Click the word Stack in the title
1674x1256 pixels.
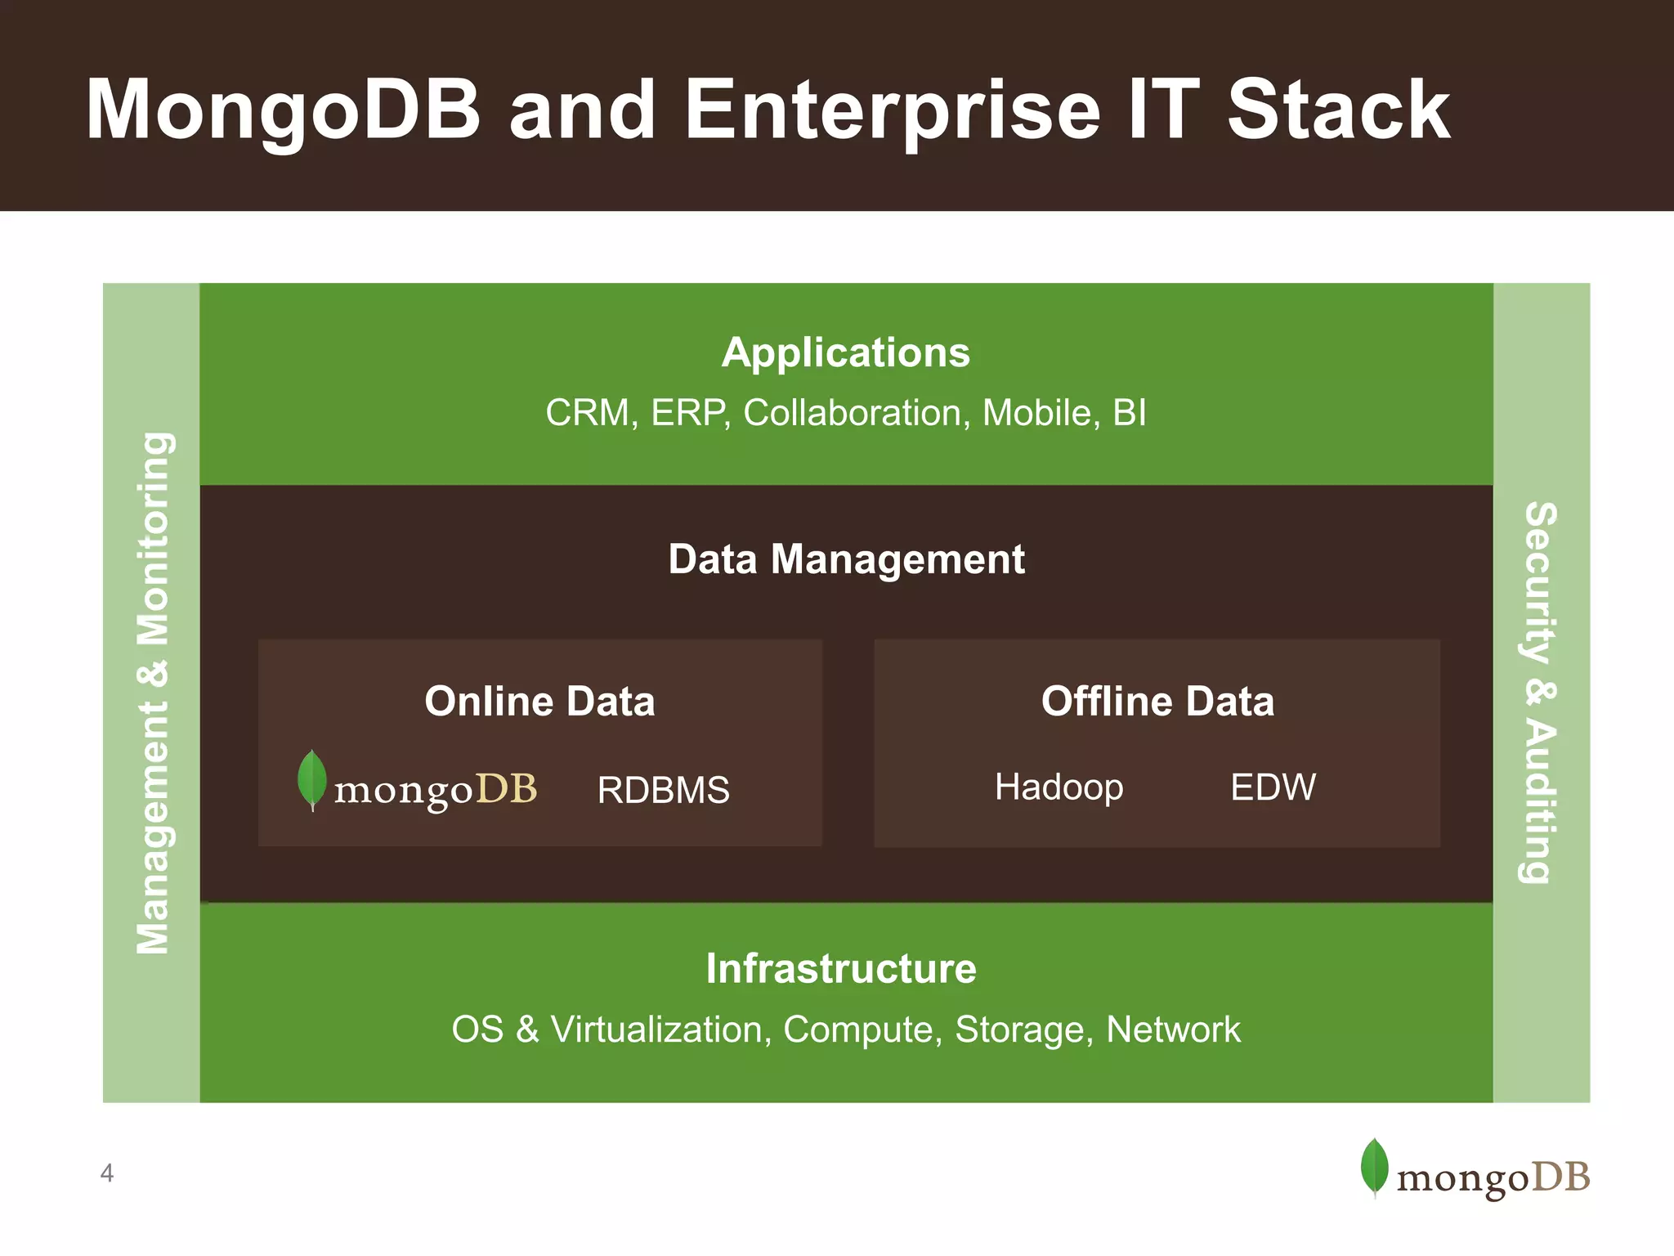coord(1338,110)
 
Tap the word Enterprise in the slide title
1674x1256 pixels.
coord(892,110)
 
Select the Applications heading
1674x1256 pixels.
coord(846,353)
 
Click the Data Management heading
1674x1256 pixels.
coord(846,560)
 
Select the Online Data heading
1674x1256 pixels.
coord(539,702)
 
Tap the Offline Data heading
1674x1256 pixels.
coord(1157,702)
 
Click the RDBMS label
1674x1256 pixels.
coord(663,790)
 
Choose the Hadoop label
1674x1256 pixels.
coord(1059,787)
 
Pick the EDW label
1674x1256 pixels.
coord(1273,787)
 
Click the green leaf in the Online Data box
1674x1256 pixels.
coord(311,778)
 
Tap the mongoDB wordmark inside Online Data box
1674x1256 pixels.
coord(436,790)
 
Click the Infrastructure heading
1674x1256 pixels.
coord(841,969)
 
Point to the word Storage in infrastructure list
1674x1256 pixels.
coord(1023,1029)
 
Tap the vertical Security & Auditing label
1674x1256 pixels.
coord(1541,693)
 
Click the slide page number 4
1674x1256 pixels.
coord(106,1173)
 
